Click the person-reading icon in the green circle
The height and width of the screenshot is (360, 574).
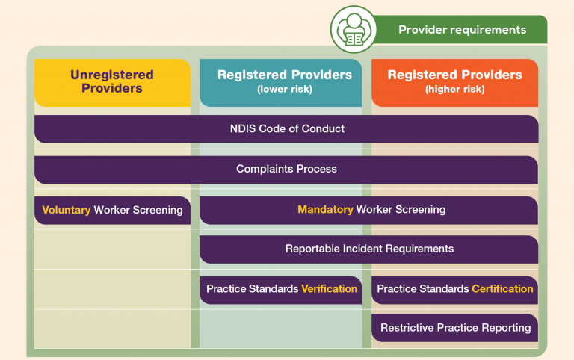coord(354,30)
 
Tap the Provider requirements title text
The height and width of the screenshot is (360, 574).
coord(462,30)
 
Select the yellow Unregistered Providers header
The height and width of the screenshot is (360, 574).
coord(112,83)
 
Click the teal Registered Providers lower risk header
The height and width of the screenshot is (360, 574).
coord(281,83)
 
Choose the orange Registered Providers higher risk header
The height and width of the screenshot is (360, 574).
coord(454,83)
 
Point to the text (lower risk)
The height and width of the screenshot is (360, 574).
coord(285,90)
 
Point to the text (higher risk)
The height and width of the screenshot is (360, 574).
coord(454,90)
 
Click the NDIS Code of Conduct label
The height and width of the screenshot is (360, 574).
coord(287,128)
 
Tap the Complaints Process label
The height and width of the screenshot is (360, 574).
coord(286,169)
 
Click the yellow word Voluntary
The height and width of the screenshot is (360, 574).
coord(67,210)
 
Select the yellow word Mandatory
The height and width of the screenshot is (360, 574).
coord(325,209)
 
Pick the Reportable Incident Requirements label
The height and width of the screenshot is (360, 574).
coord(369,249)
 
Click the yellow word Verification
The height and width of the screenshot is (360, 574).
coord(329,288)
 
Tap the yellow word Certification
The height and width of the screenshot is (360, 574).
coord(502,288)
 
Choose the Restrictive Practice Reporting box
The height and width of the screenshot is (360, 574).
coord(454,328)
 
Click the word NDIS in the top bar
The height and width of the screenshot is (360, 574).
coord(243,128)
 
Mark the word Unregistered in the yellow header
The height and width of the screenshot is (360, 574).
coord(112,75)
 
